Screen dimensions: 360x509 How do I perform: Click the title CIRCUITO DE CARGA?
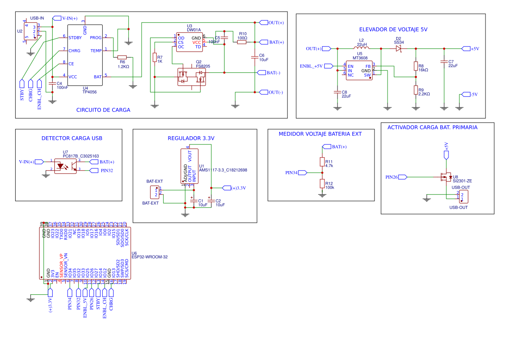pyautogui.click(x=103, y=110)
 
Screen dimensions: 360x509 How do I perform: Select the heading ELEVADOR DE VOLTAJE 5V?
pyautogui.click(x=393, y=29)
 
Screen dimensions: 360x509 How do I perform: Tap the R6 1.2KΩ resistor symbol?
pyautogui.click(x=122, y=57)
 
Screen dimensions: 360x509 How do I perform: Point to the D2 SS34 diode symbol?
pyautogui.click(x=398, y=49)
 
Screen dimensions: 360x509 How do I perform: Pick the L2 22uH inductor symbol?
pyautogui.click(x=361, y=48)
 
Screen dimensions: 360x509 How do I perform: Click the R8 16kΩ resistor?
pyautogui.click(x=415, y=66)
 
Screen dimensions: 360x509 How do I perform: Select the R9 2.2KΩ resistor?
pyautogui.click(x=415, y=90)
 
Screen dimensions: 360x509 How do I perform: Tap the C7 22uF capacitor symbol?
pyautogui.click(x=444, y=62)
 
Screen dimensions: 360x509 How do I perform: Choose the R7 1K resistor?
pyautogui.click(x=154, y=57)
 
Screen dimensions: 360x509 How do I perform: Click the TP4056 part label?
pyautogui.click(x=89, y=92)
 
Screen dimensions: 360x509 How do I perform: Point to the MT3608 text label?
pyautogui.click(x=360, y=58)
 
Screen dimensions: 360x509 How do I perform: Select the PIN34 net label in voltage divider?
pyautogui.click(x=291, y=173)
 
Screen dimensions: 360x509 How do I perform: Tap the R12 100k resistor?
pyautogui.click(x=322, y=184)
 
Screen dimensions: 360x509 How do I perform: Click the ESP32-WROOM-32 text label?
pyautogui.click(x=149, y=257)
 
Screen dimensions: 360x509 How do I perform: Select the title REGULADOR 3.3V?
pyautogui.click(x=191, y=138)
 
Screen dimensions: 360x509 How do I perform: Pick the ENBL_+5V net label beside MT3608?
pyautogui.click(x=311, y=66)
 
